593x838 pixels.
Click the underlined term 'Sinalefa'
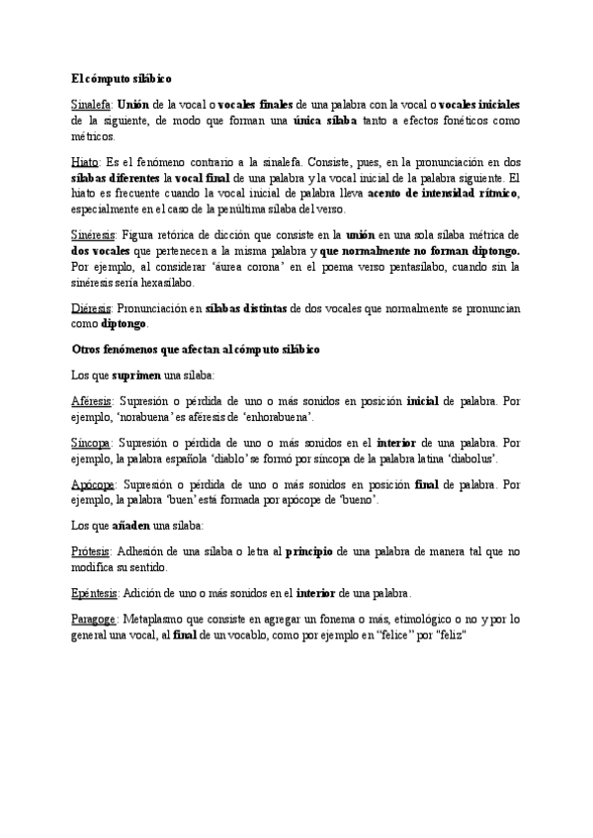[92, 104]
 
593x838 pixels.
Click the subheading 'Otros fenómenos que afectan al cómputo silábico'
[195, 350]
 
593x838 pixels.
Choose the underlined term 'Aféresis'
[93, 400]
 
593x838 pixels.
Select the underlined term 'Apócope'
[94, 485]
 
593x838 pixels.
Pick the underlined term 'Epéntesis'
[96, 593]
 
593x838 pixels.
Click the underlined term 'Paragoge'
[94, 619]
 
